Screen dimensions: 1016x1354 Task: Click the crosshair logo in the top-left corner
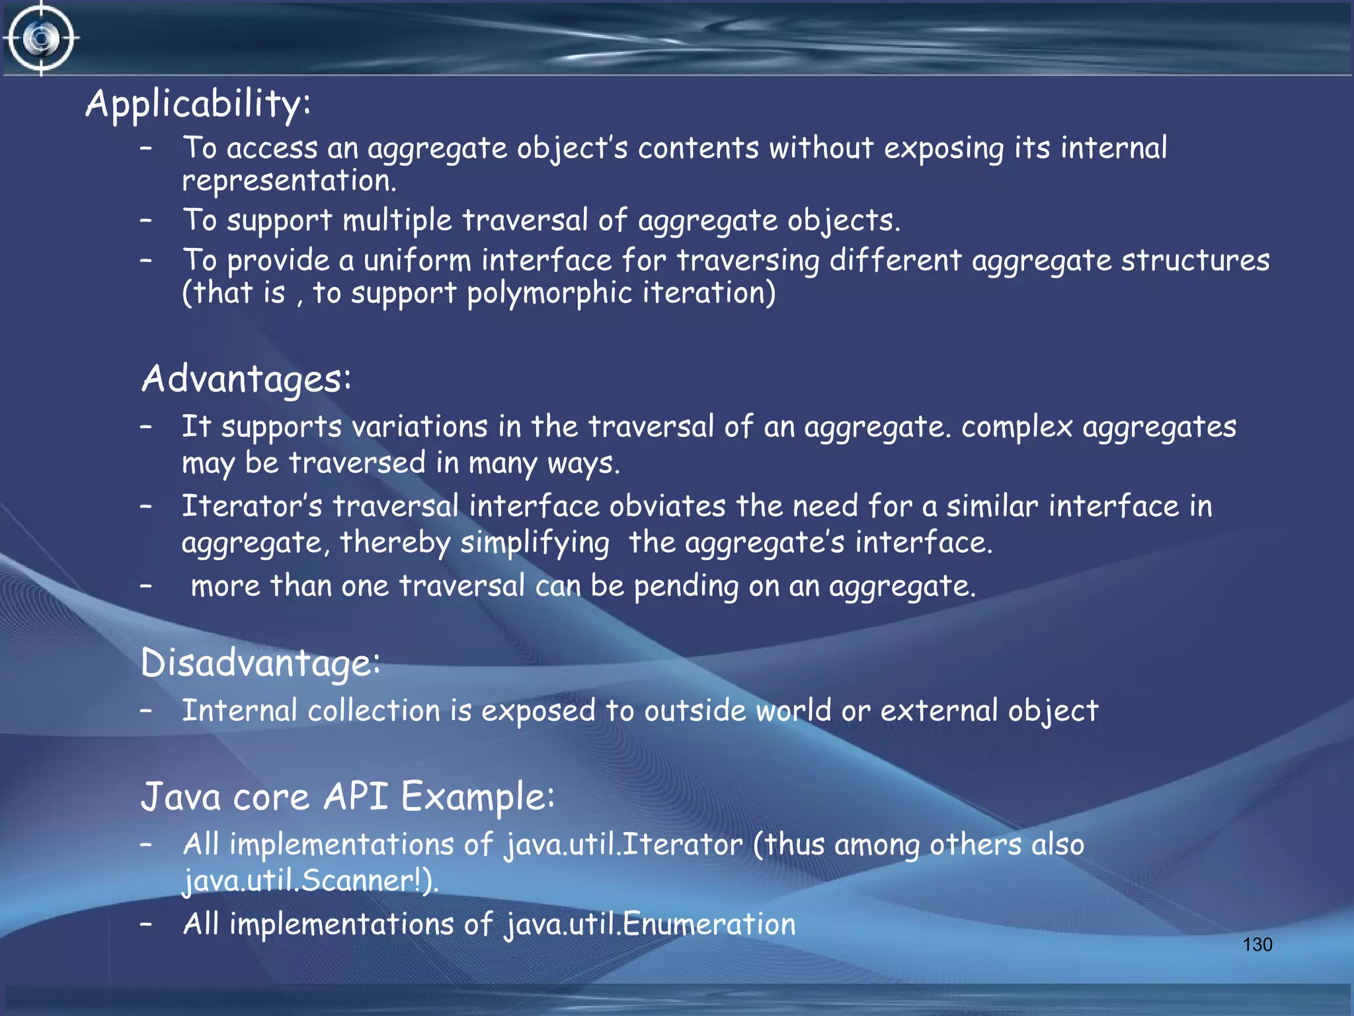pyautogui.click(x=41, y=38)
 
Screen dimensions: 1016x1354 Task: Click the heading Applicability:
pyautogui.click(x=198, y=105)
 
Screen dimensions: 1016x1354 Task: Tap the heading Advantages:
pyautogui.click(x=246, y=379)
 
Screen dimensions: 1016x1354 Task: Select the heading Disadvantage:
pyautogui.click(x=260, y=662)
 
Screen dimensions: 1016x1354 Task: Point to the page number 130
pyautogui.click(x=1257, y=945)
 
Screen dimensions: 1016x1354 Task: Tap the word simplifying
pyautogui.click(x=534, y=543)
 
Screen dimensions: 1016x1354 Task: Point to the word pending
pyautogui.click(x=686, y=587)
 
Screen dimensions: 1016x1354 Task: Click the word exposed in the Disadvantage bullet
pyautogui.click(x=538, y=711)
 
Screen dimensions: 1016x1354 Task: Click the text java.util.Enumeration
pyautogui.click(x=650, y=924)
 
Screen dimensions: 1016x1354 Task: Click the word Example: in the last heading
pyautogui.click(x=477, y=796)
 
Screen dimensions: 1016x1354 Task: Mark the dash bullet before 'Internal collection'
pyautogui.click(x=146, y=710)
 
